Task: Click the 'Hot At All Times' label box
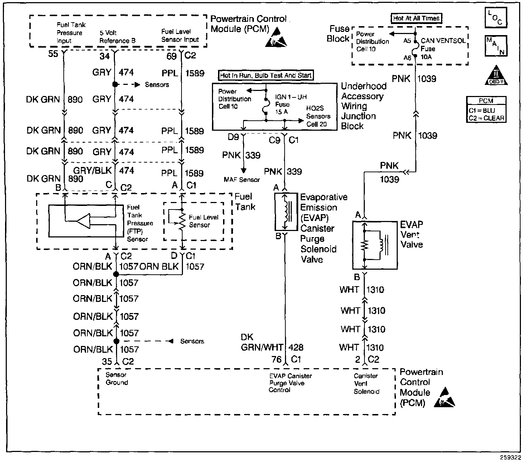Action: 416,18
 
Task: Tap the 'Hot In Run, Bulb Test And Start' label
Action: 266,75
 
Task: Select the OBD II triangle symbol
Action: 496,75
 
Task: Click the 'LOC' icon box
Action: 495,18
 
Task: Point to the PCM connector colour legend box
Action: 486,110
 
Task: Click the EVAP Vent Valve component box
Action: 374,245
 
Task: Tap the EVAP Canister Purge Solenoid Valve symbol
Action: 286,212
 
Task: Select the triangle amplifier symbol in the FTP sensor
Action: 83,221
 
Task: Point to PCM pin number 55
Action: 53,54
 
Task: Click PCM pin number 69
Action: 171,56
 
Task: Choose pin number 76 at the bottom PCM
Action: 277,359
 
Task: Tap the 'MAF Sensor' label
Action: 242,179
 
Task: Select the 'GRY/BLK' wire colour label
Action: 93,170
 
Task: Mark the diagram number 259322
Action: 511,457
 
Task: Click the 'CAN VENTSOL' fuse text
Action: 443,41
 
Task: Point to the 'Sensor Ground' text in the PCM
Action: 116,379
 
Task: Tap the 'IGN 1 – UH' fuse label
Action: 290,97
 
